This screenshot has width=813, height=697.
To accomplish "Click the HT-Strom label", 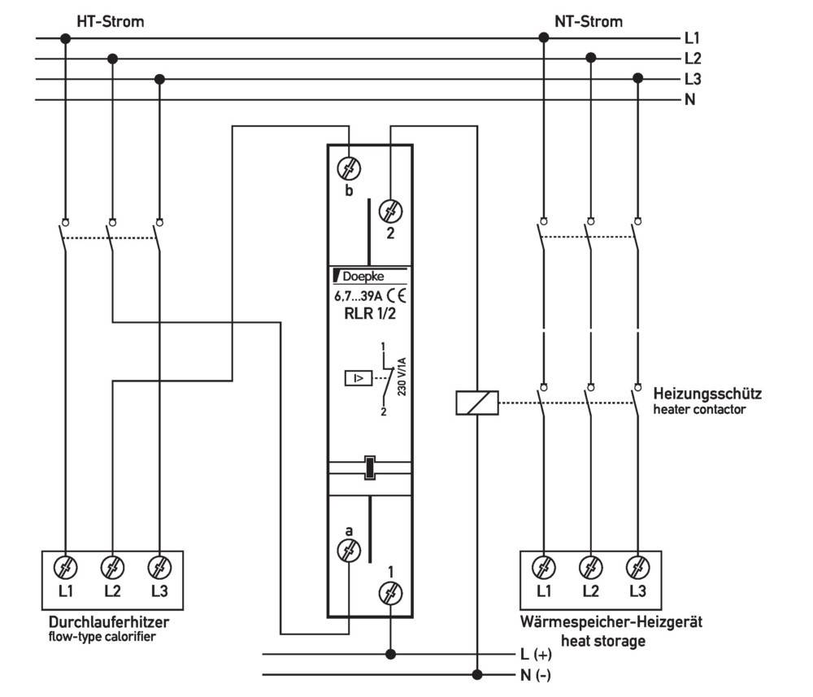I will (x=110, y=21).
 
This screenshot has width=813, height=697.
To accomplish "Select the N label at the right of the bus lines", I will (x=690, y=100).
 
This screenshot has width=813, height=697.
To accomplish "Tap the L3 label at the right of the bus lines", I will (x=693, y=80).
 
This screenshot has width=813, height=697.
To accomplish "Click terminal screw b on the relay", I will (x=349, y=170).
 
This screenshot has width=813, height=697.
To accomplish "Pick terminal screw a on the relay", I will (x=349, y=551).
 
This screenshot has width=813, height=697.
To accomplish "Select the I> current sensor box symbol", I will (x=358, y=378).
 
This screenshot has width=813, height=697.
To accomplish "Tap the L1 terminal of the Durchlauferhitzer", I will (x=66, y=566).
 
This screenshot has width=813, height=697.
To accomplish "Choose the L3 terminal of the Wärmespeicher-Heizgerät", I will (x=637, y=566).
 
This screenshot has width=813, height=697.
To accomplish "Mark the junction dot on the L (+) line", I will (x=391, y=653).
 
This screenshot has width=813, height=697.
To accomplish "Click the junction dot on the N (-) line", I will (x=477, y=674).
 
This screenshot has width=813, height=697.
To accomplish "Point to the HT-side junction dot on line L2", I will (x=113, y=59).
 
